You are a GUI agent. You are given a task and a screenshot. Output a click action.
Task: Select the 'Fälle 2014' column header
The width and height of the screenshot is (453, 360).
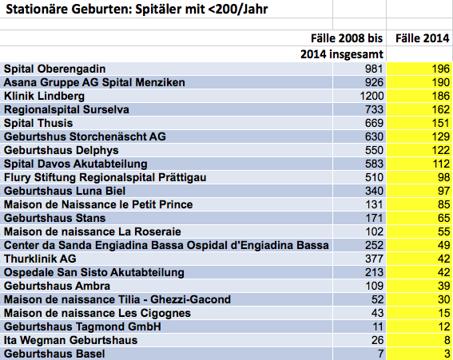click(422, 38)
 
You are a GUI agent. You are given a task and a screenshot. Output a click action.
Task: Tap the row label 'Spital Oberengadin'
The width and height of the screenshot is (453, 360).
click(54, 69)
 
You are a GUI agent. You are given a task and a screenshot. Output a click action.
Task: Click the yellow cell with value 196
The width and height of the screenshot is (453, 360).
click(419, 69)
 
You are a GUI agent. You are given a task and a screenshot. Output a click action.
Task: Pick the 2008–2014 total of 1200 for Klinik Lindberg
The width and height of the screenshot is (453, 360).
click(372, 96)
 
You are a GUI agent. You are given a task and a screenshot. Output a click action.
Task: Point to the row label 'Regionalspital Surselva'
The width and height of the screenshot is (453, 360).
click(66, 109)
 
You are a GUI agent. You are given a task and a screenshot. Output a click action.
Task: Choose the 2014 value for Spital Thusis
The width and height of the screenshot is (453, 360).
click(440, 123)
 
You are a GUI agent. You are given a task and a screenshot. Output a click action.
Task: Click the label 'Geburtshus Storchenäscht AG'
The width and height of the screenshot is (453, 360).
click(85, 136)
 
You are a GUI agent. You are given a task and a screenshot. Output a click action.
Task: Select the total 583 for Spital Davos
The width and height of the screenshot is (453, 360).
click(374, 164)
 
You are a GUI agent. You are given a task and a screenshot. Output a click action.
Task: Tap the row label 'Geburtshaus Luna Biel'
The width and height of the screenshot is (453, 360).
click(65, 191)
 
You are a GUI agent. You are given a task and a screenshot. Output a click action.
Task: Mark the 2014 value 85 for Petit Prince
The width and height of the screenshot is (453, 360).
click(443, 204)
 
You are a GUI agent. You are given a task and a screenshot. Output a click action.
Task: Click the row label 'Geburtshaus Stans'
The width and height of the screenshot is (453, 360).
click(54, 218)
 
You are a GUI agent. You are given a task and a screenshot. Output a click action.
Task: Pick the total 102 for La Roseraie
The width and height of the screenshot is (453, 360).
click(374, 231)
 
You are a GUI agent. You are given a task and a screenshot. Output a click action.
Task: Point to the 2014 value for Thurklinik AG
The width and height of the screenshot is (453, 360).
click(443, 259)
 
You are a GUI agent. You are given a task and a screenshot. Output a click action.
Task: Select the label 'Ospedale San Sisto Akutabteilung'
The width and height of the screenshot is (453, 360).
click(94, 272)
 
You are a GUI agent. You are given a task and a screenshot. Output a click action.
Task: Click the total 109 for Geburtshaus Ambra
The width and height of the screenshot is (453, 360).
click(374, 286)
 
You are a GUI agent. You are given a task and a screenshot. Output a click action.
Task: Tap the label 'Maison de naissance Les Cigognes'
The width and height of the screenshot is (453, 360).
click(97, 313)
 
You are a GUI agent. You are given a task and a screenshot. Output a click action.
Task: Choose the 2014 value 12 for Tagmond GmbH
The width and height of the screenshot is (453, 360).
click(443, 326)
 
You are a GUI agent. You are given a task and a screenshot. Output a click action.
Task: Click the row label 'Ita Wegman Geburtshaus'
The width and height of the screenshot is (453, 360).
click(70, 340)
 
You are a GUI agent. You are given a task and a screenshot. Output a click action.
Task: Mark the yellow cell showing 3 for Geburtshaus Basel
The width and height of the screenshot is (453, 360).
click(419, 354)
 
